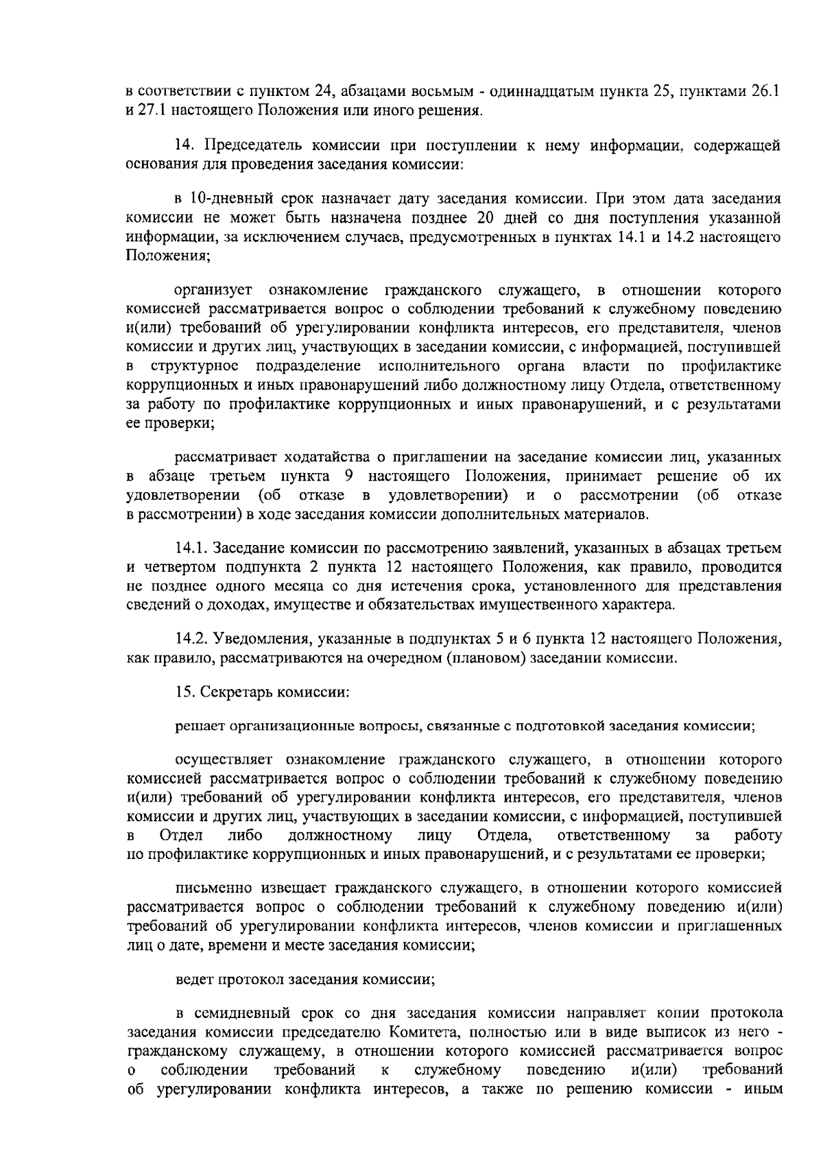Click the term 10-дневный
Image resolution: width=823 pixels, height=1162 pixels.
click(x=223, y=199)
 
